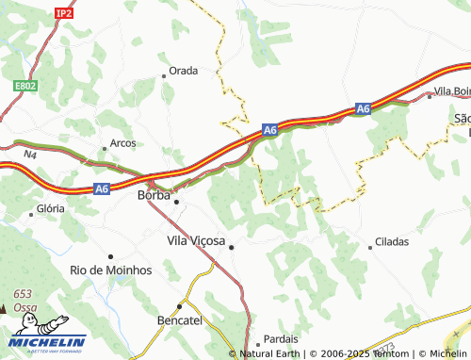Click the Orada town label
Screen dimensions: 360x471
coord(184,71)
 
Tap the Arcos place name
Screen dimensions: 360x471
coord(122,143)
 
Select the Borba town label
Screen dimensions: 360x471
coord(154,195)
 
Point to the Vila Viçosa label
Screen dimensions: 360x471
coord(196,241)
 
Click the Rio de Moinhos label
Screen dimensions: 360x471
coord(111,270)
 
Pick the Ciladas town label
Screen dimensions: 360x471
coord(392,241)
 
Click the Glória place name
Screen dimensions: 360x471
coord(50,208)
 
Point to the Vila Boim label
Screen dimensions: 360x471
coord(452,91)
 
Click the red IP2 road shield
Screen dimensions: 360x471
coord(64,13)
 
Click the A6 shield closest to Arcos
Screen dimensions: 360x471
coord(103,189)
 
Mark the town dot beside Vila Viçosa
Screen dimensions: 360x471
coord(232,247)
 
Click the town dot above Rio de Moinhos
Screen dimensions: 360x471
coord(111,256)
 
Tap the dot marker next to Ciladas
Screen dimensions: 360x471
coord(370,242)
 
